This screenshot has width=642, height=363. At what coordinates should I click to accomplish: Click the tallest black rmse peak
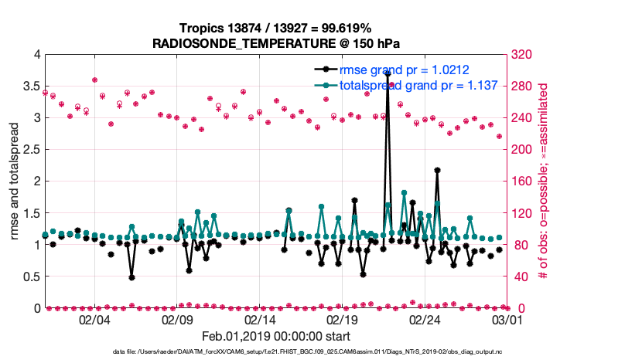[x=388, y=73]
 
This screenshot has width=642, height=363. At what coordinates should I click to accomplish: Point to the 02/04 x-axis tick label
[x=95, y=319]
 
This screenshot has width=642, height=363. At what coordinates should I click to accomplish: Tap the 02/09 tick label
[x=178, y=319]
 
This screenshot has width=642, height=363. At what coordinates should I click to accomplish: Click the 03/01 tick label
[x=507, y=319]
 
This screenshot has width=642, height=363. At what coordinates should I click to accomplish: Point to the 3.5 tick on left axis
[x=31, y=87]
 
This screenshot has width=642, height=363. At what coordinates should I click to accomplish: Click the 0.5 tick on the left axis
[x=31, y=276]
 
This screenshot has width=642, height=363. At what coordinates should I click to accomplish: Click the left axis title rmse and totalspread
[x=15, y=181]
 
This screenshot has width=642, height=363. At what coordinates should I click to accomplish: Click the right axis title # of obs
[x=544, y=181]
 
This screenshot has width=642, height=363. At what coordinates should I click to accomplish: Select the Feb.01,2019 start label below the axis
[x=276, y=337]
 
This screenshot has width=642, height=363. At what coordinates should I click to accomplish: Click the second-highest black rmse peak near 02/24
[x=437, y=170]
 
